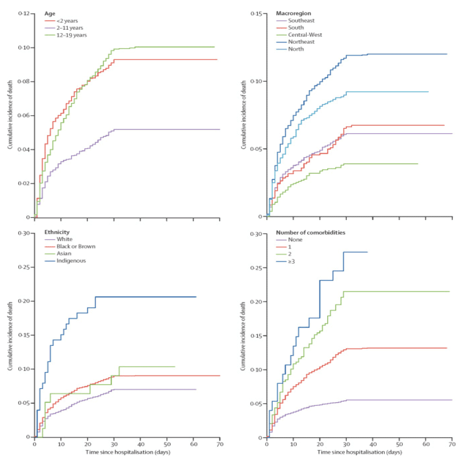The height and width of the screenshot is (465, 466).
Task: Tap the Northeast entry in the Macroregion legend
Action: [x=301, y=42]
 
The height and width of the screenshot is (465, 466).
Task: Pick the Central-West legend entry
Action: [x=304, y=34]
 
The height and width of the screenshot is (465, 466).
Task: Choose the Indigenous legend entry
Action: [x=71, y=260]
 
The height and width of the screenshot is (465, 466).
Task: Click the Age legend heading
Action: [x=50, y=13]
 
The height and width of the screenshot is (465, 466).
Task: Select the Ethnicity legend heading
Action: [x=57, y=232]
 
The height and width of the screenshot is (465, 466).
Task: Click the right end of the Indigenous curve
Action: [x=196, y=297]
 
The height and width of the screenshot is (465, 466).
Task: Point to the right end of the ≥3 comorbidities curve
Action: [x=367, y=252]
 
